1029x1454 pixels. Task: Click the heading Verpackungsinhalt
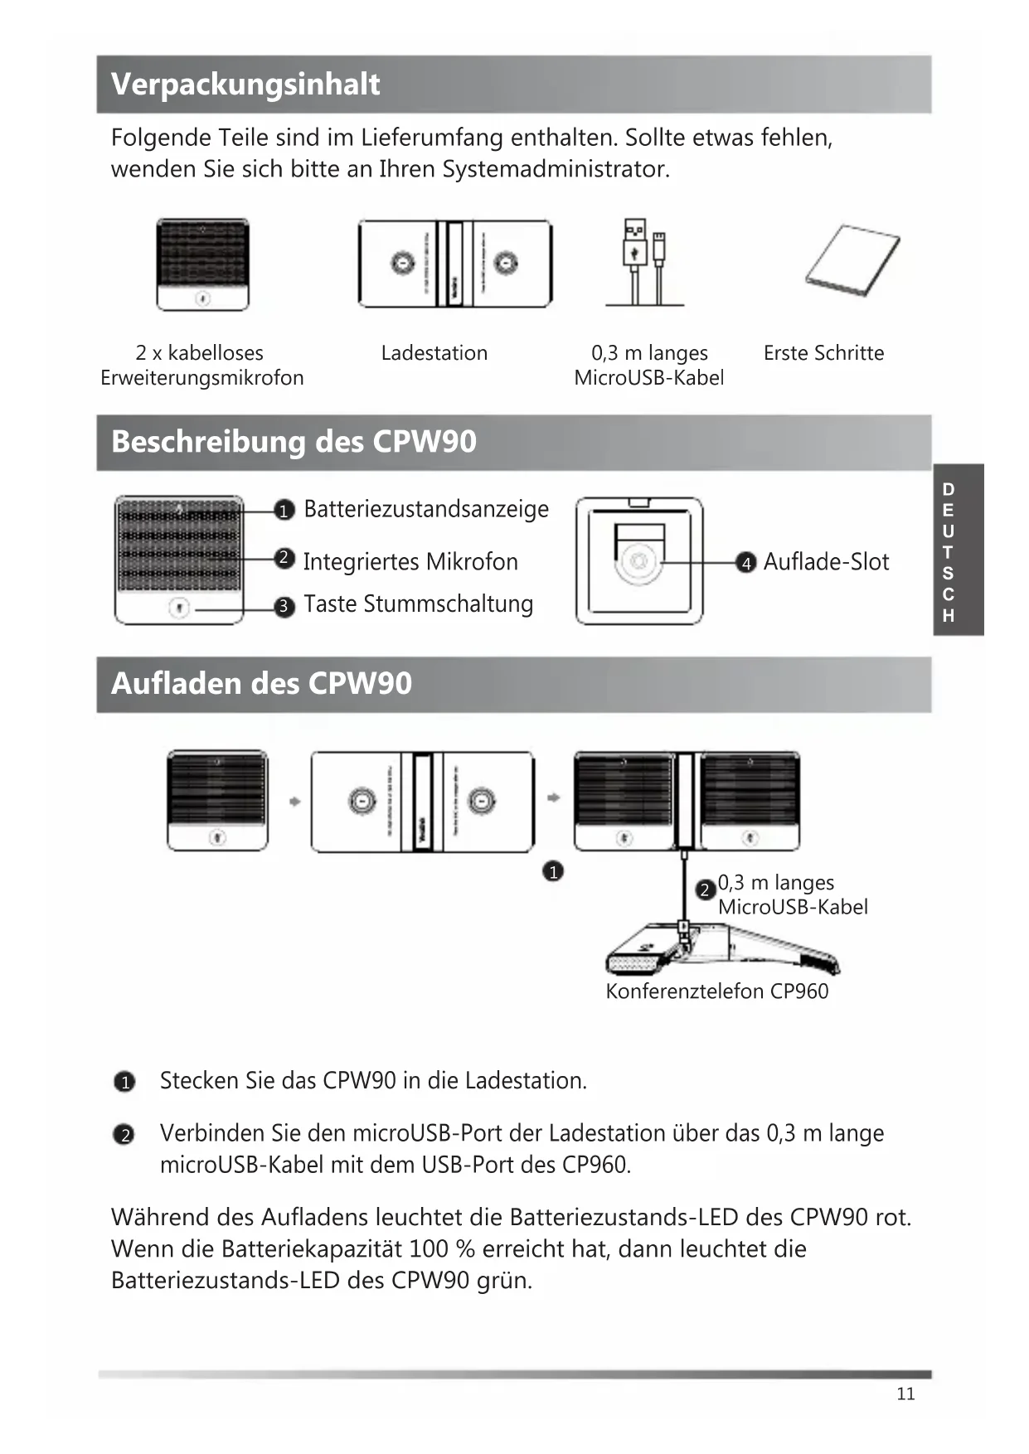(245, 85)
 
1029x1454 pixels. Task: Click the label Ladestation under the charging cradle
(434, 353)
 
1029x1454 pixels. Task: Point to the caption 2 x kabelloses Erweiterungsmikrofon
(201, 366)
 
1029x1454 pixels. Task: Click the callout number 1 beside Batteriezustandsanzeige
(284, 510)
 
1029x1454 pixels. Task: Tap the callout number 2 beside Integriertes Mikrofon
(284, 558)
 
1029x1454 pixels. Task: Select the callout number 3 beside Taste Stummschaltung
(284, 607)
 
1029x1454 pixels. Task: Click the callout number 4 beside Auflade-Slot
(746, 564)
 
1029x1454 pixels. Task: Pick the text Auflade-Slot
(826, 562)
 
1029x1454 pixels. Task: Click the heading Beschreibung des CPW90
(294, 442)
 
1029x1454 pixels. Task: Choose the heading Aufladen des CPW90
(261, 684)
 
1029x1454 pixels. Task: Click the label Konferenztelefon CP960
(716, 991)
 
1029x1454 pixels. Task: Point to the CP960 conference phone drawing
(721, 949)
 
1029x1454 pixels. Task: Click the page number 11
(905, 1393)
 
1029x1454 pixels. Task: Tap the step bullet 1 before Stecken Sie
(124, 1083)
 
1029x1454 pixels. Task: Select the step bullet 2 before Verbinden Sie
(124, 1135)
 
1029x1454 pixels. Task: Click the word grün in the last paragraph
(503, 1281)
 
